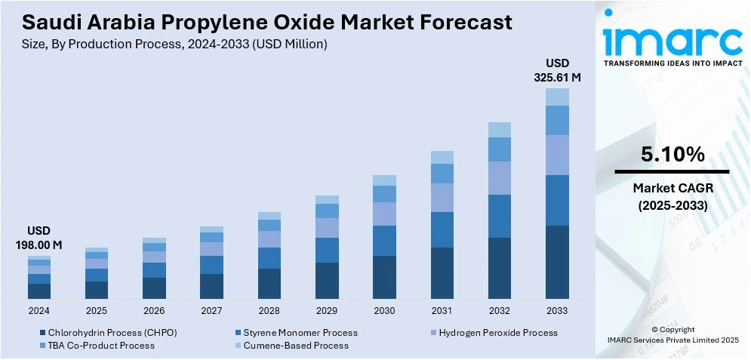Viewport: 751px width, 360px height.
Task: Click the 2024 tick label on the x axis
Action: tap(38, 310)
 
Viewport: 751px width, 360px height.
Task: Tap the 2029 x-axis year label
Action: tap(327, 310)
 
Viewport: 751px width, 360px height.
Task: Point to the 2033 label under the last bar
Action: tap(557, 310)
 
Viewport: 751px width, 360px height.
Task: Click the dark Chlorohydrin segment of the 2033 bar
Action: tap(557, 261)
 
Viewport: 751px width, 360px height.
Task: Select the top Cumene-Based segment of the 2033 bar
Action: tap(557, 97)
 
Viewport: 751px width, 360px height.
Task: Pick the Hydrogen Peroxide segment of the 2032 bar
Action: tap(500, 177)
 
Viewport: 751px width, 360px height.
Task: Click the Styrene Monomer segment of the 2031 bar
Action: tap(442, 229)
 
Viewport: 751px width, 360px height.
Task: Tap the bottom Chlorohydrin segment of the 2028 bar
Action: tap(269, 283)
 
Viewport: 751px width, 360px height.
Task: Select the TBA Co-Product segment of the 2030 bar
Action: tap(384, 194)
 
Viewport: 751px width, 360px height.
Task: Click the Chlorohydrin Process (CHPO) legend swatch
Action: tap(42, 333)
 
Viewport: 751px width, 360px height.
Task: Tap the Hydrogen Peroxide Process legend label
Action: tap(498, 333)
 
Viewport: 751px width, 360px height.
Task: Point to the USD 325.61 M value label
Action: tap(557, 69)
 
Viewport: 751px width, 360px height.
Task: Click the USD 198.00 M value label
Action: tap(38, 238)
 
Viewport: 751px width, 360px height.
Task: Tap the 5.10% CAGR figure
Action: tap(673, 155)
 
